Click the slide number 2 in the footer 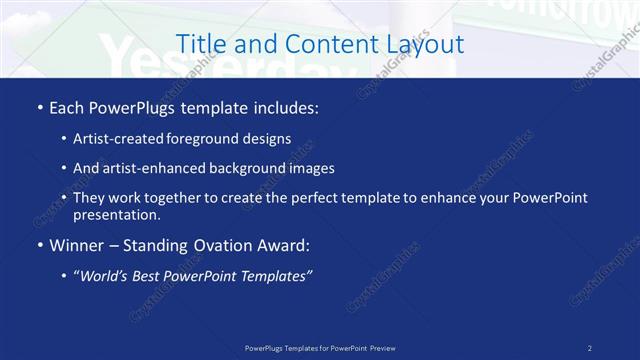click(589, 348)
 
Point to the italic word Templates click(277, 276)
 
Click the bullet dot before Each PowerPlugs click(39, 107)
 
